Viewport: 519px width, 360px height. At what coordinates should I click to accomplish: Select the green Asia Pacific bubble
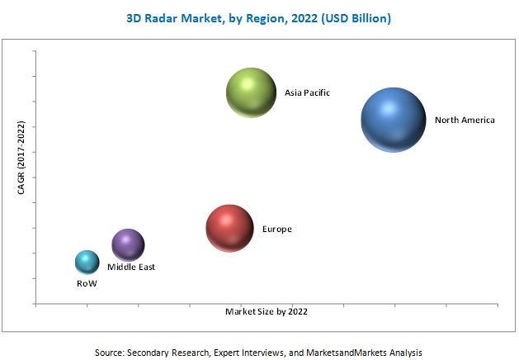coord(251,93)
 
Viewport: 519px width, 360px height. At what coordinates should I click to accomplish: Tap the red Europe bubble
coord(229,228)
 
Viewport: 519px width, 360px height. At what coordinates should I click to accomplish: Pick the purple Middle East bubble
coord(128,244)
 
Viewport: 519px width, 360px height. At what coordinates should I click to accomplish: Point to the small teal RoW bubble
coord(87,263)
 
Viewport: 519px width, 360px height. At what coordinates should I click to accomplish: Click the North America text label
coord(465,121)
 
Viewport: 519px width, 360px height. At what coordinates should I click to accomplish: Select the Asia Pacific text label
coord(307,93)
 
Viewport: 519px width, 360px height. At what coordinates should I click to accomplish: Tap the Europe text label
coord(276,229)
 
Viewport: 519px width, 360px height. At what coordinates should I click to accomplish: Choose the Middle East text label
coord(130,268)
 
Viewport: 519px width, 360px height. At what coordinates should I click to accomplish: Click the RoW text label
coord(86,283)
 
